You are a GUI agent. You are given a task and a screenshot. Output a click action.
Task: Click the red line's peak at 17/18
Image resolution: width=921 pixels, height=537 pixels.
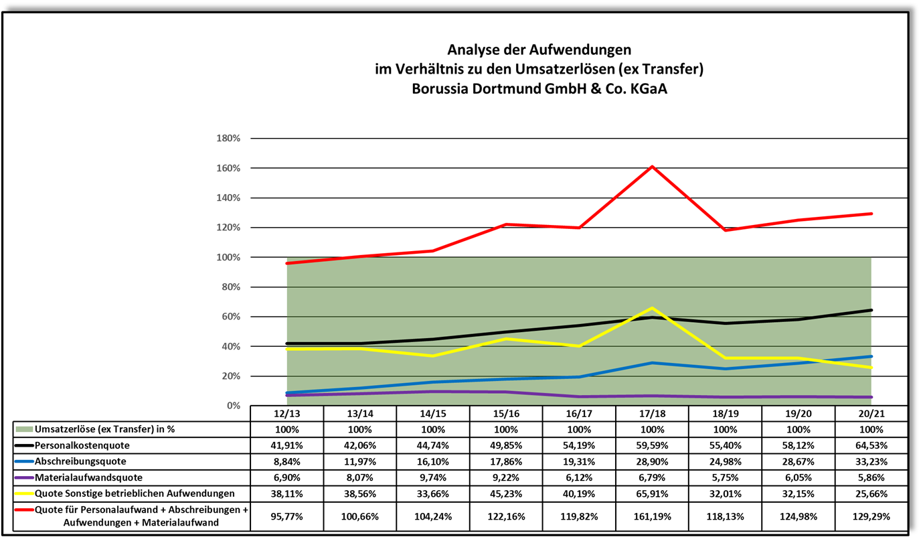(x=652, y=166)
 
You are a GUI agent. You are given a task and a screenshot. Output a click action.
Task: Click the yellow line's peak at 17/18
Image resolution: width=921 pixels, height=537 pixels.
(x=652, y=308)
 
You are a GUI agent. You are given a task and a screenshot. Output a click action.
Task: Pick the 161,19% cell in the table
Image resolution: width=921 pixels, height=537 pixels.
(x=652, y=517)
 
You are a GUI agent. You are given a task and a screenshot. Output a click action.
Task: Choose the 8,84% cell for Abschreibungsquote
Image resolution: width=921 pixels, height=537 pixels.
(x=286, y=461)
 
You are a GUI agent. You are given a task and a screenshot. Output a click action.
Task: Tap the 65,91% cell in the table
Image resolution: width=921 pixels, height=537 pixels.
(x=652, y=493)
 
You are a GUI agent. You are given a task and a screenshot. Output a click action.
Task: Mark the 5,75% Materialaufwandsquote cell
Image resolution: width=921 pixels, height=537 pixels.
(x=725, y=477)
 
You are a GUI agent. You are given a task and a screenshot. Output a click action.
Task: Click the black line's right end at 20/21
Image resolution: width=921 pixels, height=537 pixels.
(x=871, y=310)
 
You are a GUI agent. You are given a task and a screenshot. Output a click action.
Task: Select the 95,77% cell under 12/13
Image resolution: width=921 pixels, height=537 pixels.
(x=286, y=517)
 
